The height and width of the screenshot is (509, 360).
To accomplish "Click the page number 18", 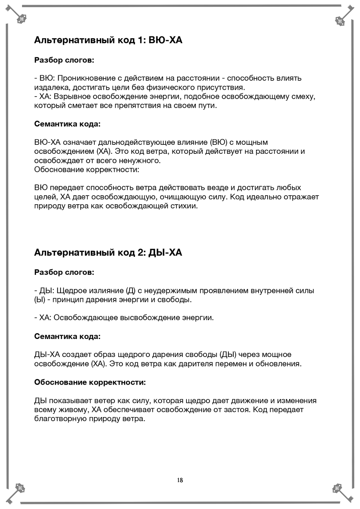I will (x=180, y=480).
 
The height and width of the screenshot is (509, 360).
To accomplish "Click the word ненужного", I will (x=143, y=161).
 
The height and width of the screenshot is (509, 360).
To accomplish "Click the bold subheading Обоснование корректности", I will (x=90, y=382).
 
